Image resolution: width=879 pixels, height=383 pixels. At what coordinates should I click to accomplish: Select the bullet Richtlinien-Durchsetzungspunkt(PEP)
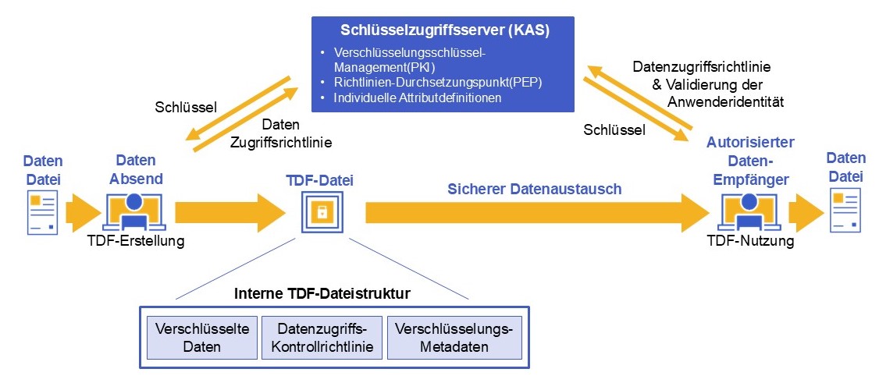[x=437, y=82]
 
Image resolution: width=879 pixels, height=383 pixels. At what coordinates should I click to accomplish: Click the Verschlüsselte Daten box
[x=201, y=337]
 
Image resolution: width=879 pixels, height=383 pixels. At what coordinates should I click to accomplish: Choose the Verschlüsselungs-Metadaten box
[x=454, y=337]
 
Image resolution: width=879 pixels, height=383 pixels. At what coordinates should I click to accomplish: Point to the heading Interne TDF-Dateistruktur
[x=322, y=294]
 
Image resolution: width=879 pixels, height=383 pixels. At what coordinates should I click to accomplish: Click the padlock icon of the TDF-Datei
[x=321, y=211]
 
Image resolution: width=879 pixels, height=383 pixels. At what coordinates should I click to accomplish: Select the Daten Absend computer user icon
[x=136, y=209]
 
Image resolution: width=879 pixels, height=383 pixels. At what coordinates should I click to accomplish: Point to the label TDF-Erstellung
[x=137, y=241]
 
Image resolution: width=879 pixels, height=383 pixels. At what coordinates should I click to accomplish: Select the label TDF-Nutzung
[x=749, y=241]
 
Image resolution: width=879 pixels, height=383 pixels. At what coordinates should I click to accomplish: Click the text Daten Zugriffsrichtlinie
[x=280, y=133]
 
